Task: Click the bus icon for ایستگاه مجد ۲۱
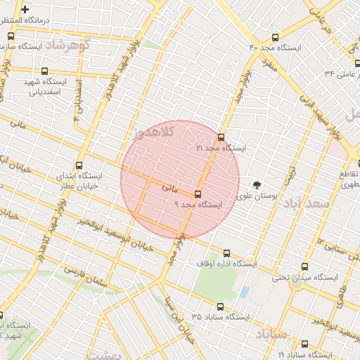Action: click(x=221, y=137)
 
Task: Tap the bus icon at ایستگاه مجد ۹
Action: click(x=198, y=194)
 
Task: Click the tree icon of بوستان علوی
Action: click(x=257, y=185)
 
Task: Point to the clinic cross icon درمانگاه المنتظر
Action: click(x=25, y=10)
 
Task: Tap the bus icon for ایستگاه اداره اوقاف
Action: click(x=226, y=253)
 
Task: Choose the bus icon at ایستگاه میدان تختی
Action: click(x=304, y=266)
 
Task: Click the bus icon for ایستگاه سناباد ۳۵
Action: click(x=220, y=307)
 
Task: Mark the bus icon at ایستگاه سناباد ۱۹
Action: click(x=304, y=344)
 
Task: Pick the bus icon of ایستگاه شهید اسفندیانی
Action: click(x=46, y=71)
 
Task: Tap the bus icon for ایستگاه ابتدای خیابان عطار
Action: click(x=78, y=165)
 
